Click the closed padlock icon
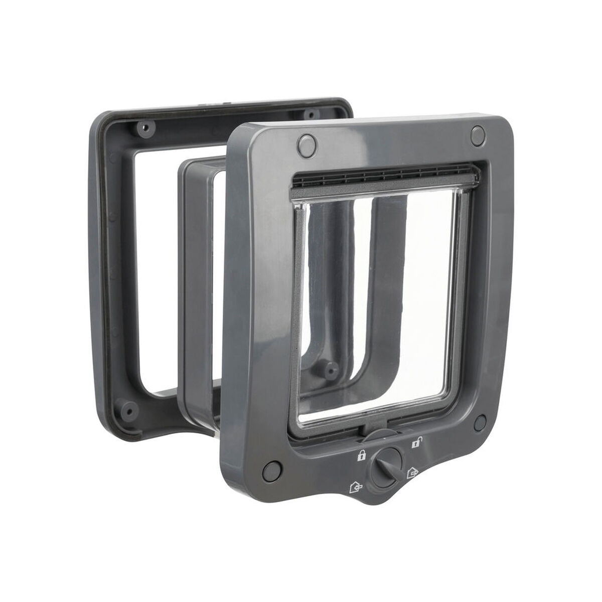[360, 456]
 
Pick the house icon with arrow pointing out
[412, 473]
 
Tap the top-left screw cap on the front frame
[306, 144]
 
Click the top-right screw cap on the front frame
[478, 133]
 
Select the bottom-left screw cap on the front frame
[271, 470]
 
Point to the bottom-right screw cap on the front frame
[480, 422]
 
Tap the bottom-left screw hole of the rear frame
[129, 410]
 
